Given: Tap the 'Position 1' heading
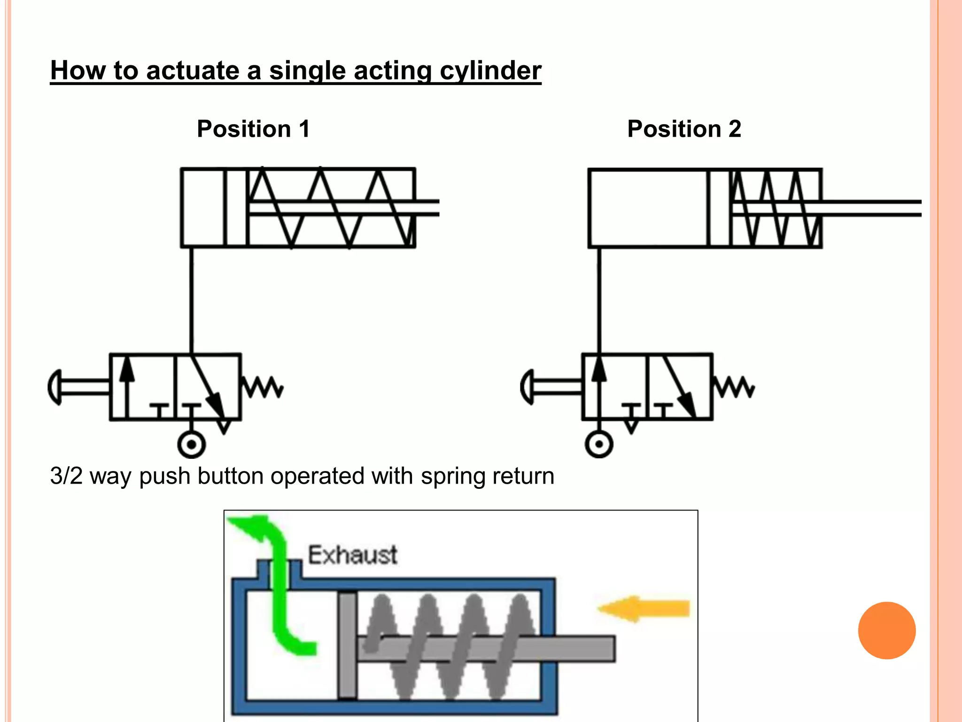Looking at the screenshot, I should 253,129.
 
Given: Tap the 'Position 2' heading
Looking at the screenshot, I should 684,129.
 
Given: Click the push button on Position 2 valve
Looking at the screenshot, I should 528,386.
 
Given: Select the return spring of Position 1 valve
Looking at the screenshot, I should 262,386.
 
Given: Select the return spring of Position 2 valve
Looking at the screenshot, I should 734,386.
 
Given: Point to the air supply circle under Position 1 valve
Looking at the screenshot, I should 191,444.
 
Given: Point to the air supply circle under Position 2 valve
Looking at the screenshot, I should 599,444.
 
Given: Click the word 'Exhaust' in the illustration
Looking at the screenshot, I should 352,555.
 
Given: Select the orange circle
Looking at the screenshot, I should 886,630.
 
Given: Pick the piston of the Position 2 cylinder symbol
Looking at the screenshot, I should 719,207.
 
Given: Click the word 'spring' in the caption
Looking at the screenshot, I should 452,477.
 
